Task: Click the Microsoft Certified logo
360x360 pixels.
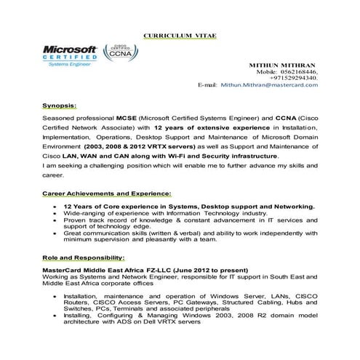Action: tap(71, 54)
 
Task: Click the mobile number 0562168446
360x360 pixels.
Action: tap(298, 73)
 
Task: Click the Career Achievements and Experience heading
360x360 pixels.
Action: tap(107, 193)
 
